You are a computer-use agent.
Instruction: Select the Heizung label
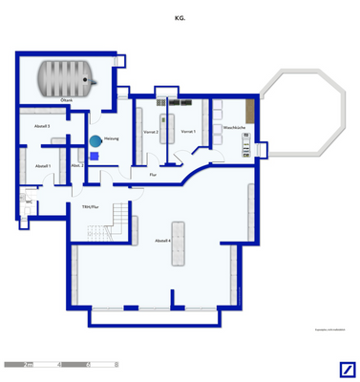[97, 138]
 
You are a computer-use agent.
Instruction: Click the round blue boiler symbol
[95, 141]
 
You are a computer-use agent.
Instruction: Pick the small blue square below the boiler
[94, 156]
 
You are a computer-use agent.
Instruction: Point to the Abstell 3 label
[42, 125]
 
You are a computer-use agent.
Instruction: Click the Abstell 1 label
[42, 166]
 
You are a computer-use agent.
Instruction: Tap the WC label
[30, 202]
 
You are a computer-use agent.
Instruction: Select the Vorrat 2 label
[151, 132]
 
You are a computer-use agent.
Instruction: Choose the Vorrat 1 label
[188, 132]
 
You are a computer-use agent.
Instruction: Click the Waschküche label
[235, 128]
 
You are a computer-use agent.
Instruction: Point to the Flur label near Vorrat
[153, 175]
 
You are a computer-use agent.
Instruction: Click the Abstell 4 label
[162, 241]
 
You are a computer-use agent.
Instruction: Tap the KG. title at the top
[180, 16]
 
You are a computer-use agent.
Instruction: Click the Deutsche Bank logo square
[348, 371]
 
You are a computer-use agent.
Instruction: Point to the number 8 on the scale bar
[117, 364]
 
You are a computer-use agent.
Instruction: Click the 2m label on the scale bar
[30, 364]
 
